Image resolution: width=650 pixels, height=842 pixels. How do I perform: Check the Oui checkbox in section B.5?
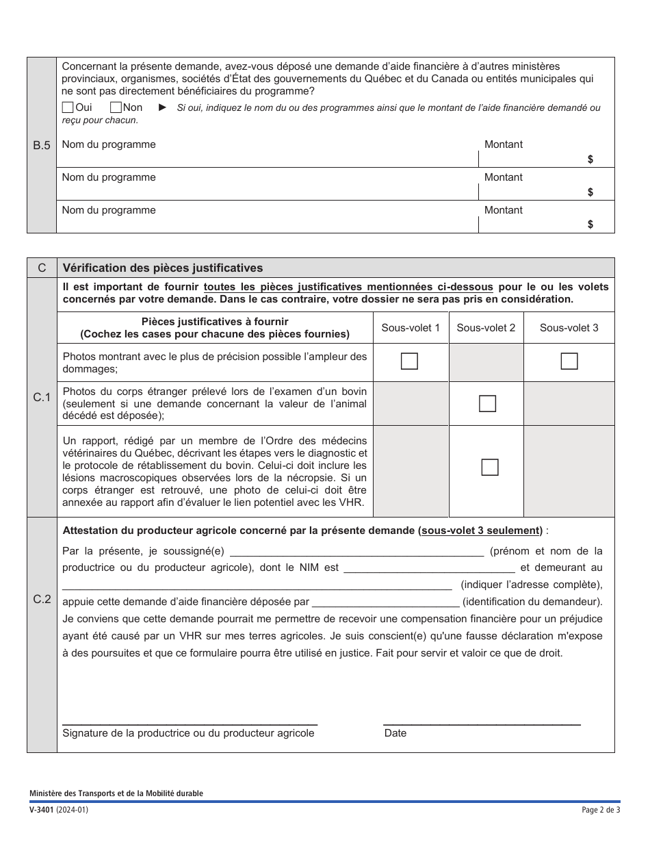click(x=68, y=107)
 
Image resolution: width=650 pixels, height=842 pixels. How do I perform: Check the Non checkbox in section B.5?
click(x=116, y=107)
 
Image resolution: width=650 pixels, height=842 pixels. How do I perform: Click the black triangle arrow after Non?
click(x=162, y=107)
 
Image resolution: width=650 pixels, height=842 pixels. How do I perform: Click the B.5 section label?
click(x=42, y=145)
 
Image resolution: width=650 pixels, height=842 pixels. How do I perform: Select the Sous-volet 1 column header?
click(x=411, y=328)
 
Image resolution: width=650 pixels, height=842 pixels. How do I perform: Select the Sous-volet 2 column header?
click(x=486, y=328)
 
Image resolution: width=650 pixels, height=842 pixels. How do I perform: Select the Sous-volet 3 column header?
click(x=569, y=328)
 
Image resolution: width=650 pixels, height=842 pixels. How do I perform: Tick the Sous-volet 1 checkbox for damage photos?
click(x=409, y=361)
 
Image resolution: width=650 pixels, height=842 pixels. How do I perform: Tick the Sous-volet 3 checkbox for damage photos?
click(x=569, y=361)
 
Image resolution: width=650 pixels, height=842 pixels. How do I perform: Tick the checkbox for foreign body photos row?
click(x=487, y=404)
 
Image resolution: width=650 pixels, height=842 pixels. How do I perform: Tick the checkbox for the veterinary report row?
click(x=489, y=467)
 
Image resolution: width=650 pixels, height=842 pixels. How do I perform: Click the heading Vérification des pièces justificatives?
click(x=162, y=268)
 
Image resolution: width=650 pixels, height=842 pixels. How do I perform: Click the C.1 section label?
click(x=42, y=397)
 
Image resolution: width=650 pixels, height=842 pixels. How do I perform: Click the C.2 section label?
click(x=42, y=599)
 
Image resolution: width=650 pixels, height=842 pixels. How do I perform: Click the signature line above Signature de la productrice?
click(x=190, y=722)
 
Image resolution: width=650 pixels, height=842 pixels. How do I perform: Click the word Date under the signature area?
click(x=395, y=733)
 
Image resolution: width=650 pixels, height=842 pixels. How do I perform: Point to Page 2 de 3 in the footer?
click(x=600, y=810)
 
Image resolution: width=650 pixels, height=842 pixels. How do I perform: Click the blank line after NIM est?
click(x=429, y=567)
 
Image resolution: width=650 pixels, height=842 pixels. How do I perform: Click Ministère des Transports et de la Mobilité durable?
click(x=116, y=793)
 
